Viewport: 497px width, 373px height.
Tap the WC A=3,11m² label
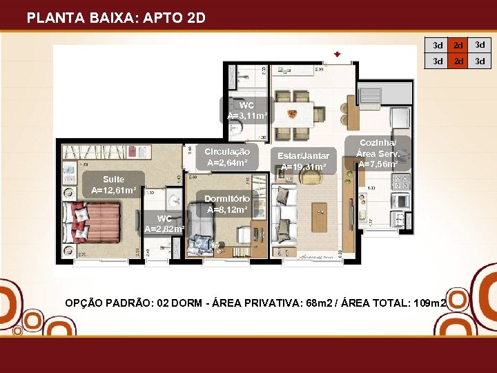pos(246,111)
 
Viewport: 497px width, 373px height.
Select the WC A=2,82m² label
pos(164,224)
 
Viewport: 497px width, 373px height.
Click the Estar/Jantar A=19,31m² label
pos(303,161)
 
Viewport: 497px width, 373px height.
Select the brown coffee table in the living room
pos(320,216)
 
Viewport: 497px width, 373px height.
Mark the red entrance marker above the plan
pos(337,54)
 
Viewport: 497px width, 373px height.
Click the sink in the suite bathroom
pos(175,201)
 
